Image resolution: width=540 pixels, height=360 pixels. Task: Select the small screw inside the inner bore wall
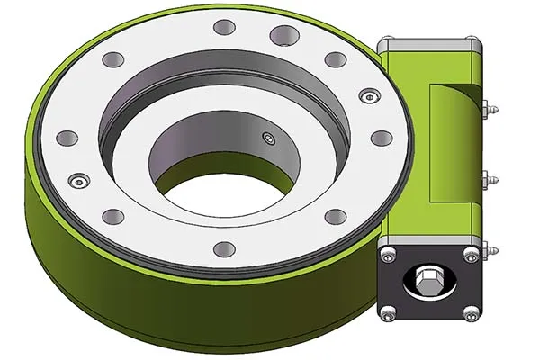point(266,137)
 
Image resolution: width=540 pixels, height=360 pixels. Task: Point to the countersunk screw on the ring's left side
point(78,180)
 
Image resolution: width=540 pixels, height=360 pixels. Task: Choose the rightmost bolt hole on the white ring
point(381,138)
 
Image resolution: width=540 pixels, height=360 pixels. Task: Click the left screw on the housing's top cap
point(388,43)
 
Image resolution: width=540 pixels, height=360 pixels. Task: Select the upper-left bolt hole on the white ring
point(112,59)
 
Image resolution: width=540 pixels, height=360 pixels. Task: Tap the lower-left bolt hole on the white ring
point(112,216)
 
